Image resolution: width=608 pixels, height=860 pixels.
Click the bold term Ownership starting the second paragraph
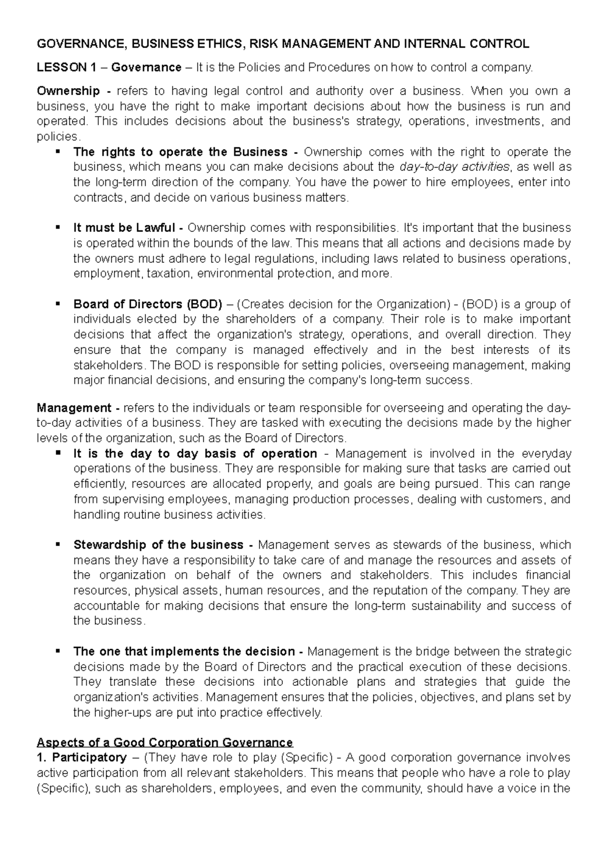click(68, 91)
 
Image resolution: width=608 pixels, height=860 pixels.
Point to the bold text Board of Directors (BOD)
click(147, 304)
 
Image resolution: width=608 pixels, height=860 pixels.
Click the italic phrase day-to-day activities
click(454, 167)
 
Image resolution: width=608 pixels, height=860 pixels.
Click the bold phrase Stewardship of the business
click(158, 545)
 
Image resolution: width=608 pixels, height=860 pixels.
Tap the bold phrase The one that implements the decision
click(184, 651)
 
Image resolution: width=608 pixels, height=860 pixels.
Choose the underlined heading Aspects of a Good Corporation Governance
click(165, 743)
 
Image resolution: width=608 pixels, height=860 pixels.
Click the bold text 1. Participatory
click(82, 758)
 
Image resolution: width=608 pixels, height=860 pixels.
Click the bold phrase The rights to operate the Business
click(180, 152)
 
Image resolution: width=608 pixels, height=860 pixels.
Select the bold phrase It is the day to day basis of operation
click(195, 453)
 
